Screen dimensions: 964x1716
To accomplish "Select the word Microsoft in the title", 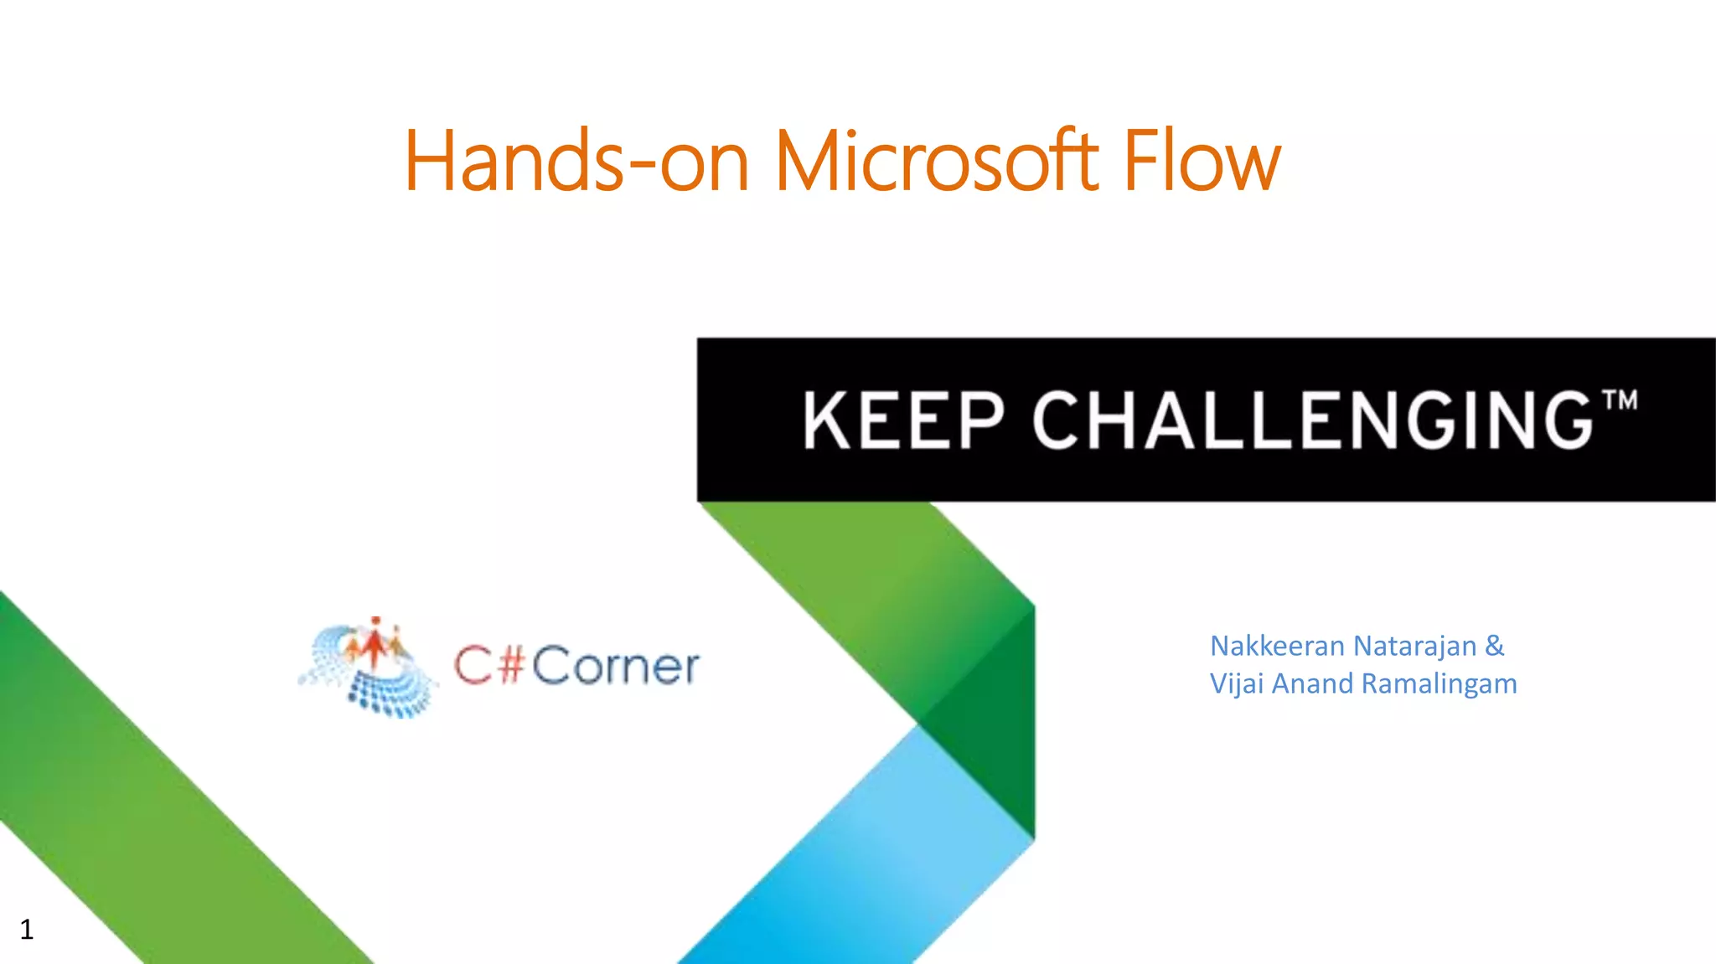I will point(936,161).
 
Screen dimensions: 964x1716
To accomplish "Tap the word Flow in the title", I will point(1202,161).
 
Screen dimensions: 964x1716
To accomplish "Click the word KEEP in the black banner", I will point(903,420).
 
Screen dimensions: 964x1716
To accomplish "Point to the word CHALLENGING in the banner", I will point(1312,420).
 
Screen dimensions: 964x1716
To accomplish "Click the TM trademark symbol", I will point(1620,400).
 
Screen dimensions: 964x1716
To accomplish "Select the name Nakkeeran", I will point(1278,646).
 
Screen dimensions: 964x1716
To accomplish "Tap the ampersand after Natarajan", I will point(1495,645).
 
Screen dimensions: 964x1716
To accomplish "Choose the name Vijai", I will point(1237,683).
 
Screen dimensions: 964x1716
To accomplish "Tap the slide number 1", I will point(27,929).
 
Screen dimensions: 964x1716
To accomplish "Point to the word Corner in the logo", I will point(615,667).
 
